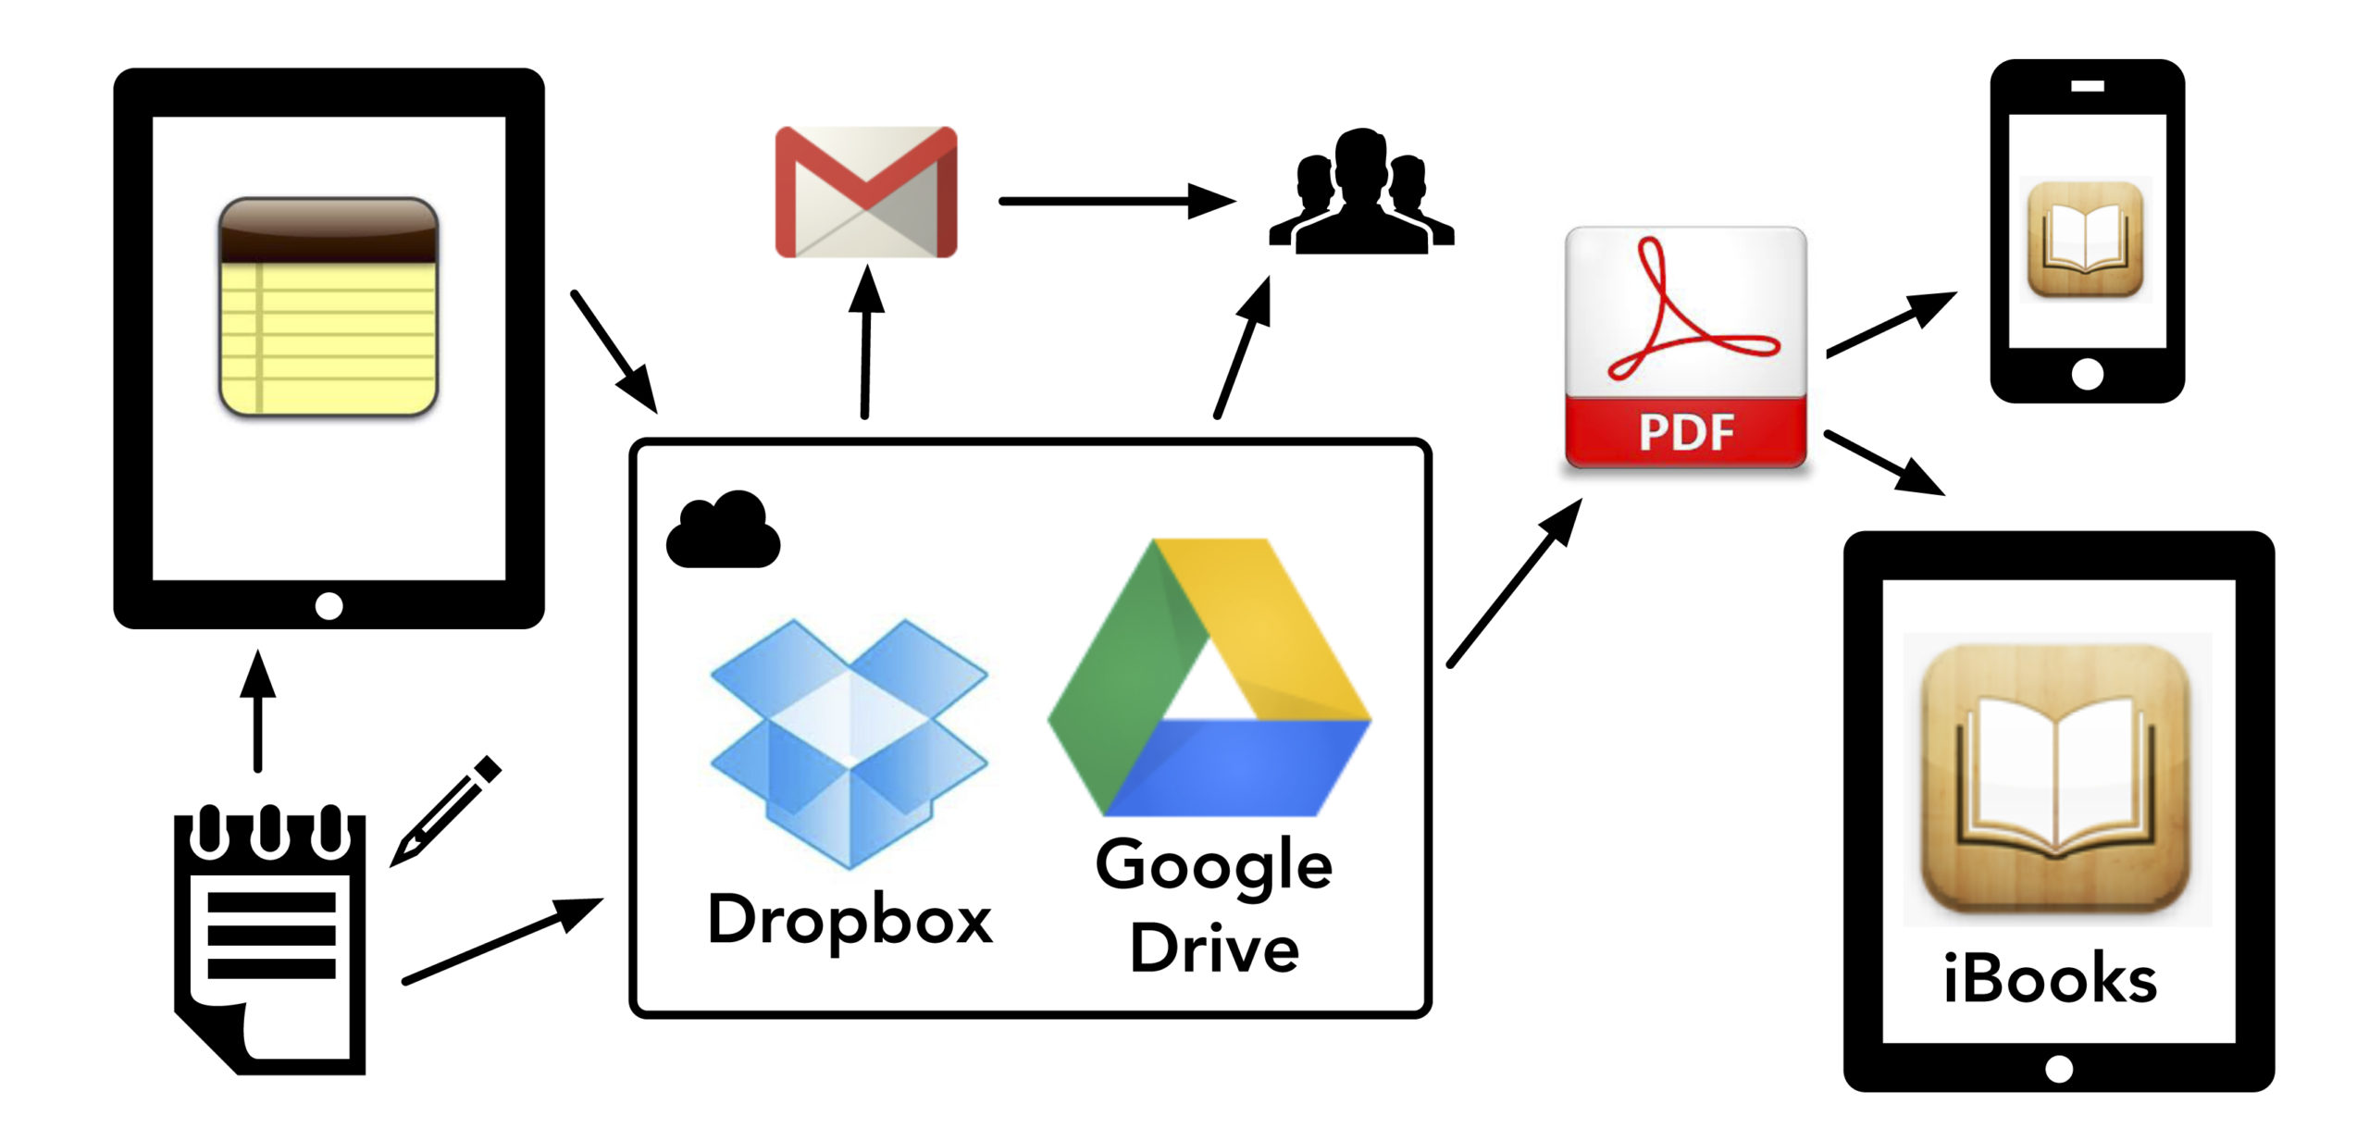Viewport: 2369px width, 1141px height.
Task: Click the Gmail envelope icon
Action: [x=865, y=192]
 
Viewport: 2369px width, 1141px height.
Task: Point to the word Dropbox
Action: [x=850, y=920]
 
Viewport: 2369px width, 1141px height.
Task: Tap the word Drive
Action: [x=1214, y=949]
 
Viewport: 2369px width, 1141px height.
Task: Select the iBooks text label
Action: [x=2050, y=978]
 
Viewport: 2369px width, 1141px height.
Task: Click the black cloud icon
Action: [x=724, y=530]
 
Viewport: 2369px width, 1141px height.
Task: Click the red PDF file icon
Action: [x=1685, y=347]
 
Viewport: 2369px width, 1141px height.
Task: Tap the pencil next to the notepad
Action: [x=446, y=811]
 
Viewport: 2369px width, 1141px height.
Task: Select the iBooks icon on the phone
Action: [x=2085, y=240]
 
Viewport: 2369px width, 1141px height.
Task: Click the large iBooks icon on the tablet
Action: [x=2055, y=778]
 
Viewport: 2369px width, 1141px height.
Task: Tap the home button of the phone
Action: [x=2087, y=375]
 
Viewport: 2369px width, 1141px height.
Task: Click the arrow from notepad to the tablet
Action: [x=258, y=711]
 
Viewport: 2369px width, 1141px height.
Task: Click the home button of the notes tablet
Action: [x=329, y=606]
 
